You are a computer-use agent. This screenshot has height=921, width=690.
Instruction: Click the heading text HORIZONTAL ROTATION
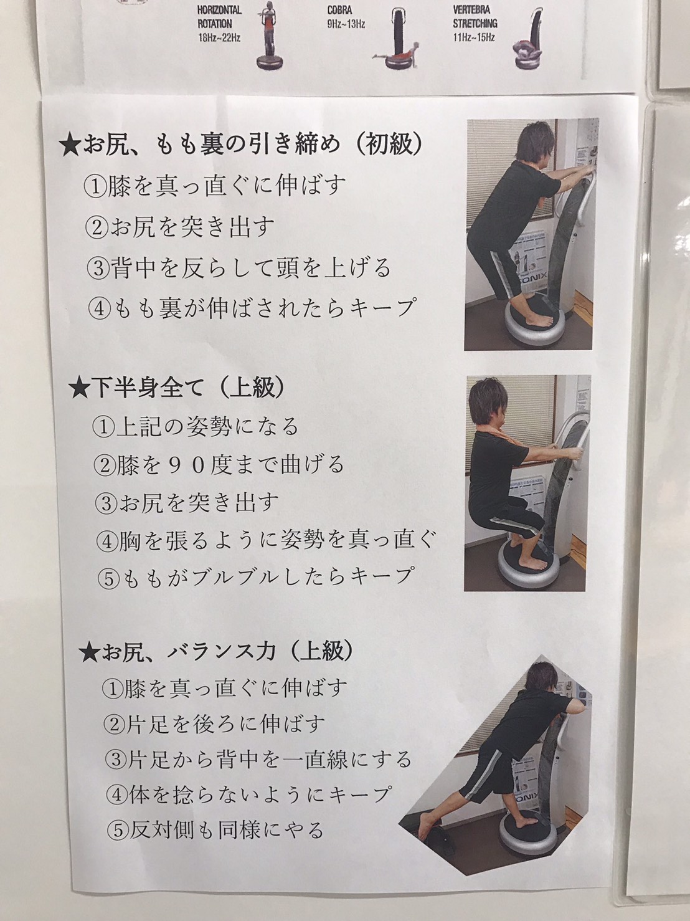click(x=219, y=16)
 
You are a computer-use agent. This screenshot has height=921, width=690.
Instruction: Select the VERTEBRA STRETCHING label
click(x=475, y=16)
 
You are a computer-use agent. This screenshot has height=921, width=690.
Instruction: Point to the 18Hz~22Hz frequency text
click(x=219, y=37)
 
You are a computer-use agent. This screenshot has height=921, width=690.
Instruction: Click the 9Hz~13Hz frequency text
click(x=346, y=24)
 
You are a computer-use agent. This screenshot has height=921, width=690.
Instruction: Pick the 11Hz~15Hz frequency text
click(x=474, y=37)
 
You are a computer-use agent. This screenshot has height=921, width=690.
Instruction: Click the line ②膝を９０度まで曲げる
click(x=219, y=464)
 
